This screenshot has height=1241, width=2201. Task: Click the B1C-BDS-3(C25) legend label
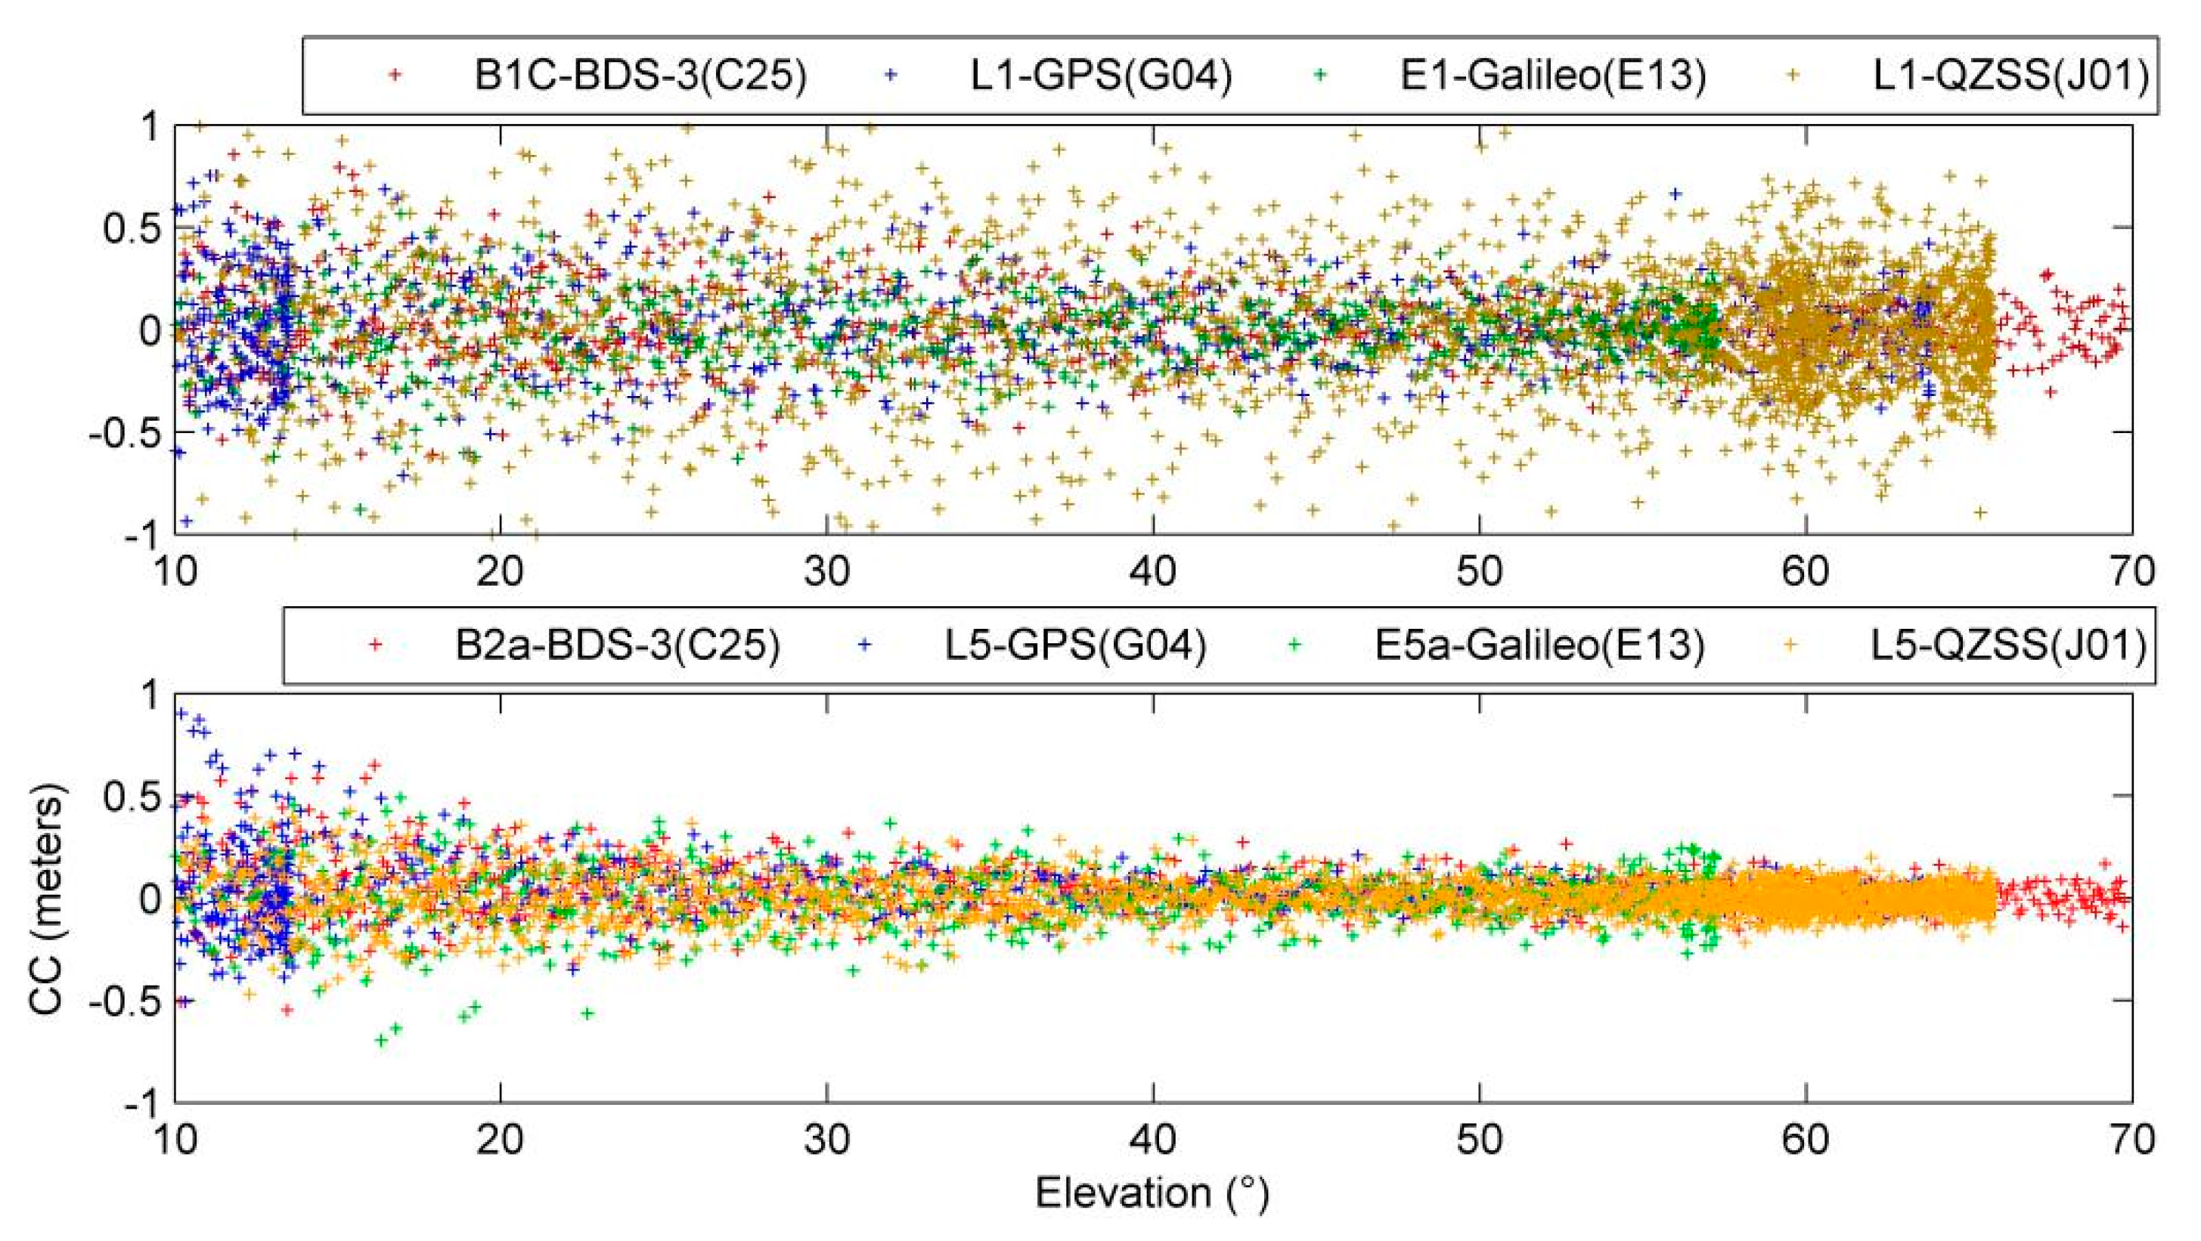(x=640, y=76)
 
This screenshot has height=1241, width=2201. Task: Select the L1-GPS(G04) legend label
(x=1101, y=76)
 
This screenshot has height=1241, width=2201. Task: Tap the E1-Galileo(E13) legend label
(x=1552, y=76)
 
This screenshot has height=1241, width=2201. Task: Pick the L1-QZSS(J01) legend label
(x=2010, y=76)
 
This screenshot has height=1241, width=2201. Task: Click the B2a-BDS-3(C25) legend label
(x=617, y=645)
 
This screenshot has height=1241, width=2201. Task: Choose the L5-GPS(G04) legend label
(x=1075, y=645)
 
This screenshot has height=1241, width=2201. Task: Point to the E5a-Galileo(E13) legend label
(x=1539, y=645)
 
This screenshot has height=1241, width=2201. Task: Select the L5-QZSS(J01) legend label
(x=2008, y=645)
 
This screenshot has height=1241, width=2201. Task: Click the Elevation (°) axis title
(x=1152, y=1193)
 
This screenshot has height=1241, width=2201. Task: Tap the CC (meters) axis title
(x=47, y=899)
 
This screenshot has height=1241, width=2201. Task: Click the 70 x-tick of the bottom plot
(x=2131, y=1140)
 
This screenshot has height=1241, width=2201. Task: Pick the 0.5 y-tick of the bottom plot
(x=132, y=797)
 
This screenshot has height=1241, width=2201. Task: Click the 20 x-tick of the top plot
(x=500, y=571)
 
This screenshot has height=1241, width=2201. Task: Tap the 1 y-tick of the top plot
(x=151, y=128)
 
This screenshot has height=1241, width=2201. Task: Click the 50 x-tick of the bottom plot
(x=1479, y=1140)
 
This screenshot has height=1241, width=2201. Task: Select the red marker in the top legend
(x=395, y=75)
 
